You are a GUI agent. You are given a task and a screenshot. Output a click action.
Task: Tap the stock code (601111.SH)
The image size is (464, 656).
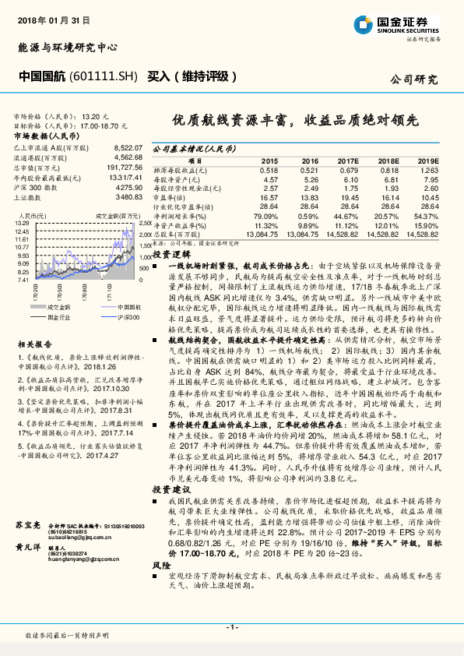coord(108,77)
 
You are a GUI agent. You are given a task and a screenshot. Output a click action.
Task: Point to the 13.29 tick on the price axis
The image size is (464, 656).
coord(22,223)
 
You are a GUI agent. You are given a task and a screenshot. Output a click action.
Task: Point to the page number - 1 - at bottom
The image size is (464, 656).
coord(231,627)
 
